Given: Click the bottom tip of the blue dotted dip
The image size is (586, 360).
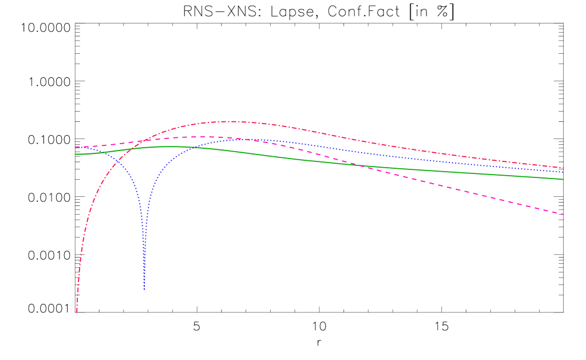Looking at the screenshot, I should tap(144, 290).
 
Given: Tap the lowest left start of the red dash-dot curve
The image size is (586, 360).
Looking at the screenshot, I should tap(77, 311).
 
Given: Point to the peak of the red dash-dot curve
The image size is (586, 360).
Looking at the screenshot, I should tap(232, 121).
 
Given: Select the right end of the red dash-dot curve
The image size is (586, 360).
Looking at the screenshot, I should tap(564, 168).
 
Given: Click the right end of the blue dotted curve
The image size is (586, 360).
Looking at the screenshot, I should tap(564, 172).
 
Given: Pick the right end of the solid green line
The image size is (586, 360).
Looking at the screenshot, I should tap(564, 179).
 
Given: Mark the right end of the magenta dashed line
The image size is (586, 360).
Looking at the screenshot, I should tap(564, 215).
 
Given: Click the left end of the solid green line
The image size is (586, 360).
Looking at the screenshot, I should tap(76, 154).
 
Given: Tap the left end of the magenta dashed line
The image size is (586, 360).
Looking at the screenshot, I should tap(76, 147).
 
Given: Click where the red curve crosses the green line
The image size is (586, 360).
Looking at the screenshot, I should tap(132, 149).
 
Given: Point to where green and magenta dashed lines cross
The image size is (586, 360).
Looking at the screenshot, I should tap(357, 165).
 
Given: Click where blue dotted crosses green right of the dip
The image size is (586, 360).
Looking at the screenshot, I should tap(193, 147).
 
